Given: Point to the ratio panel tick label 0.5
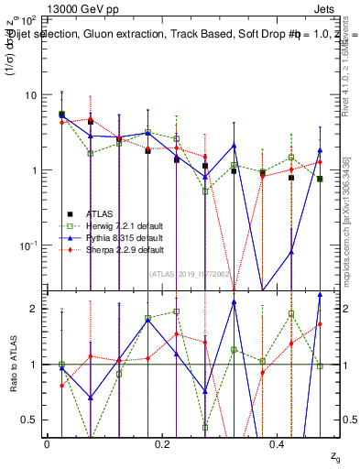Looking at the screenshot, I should (x=28, y=420).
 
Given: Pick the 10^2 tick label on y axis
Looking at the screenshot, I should (x=27, y=19).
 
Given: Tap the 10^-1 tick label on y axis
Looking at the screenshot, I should (x=27, y=245).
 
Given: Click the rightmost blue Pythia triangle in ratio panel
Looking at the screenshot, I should (x=320, y=295).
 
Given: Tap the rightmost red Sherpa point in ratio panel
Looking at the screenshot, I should (x=320, y=323).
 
